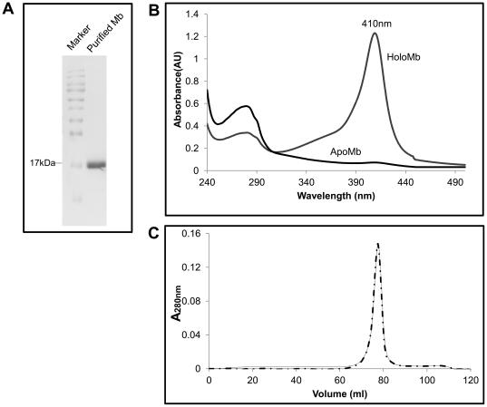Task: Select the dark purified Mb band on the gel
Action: coord(97,165)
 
